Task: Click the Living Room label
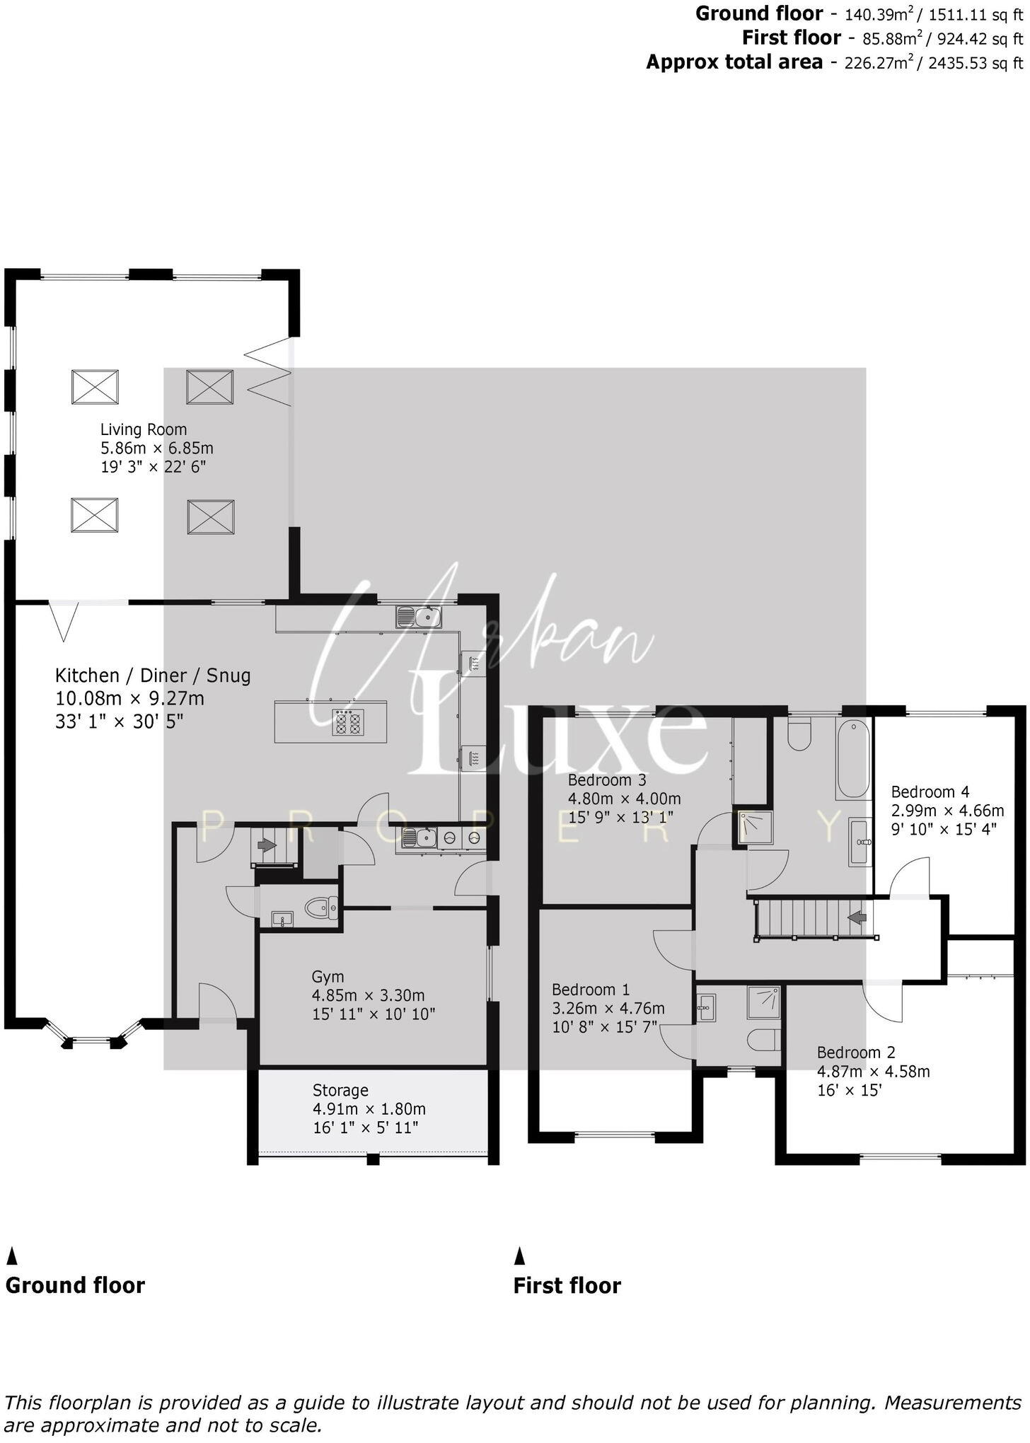pos(144,429)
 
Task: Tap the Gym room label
pos(328,977)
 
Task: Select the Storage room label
pos(340,1090)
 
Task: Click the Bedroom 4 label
pos(930,792)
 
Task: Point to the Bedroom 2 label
pos(856,1052)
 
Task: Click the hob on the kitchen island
pos(348,722)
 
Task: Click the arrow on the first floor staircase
pos(857,918)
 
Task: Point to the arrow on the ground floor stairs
pos(267,845)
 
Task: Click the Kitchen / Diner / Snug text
pos(153,676)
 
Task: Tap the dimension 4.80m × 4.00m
pos(624,799)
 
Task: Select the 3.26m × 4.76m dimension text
pos(608,1008)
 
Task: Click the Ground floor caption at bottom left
pos(75,1285)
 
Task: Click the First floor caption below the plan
pos(567,1285)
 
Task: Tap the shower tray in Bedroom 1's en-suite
pos(763,1002)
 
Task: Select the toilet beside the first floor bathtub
pos(800,735)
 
